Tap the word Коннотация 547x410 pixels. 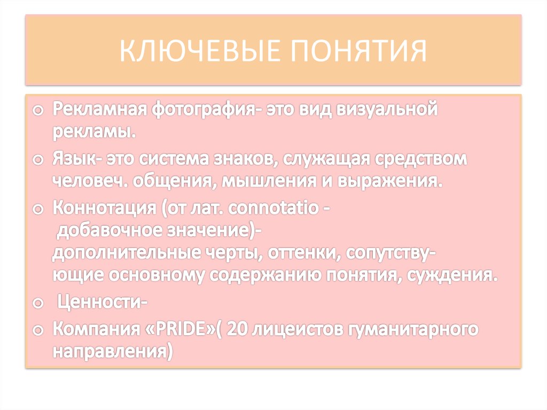(105, 209)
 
